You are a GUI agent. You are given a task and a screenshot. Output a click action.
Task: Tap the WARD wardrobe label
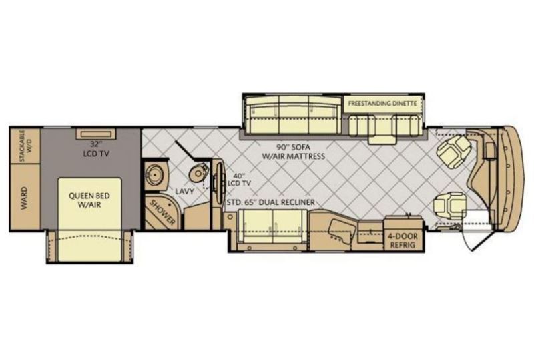(x=25, y=198)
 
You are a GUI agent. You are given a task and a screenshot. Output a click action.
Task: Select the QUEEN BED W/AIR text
(x=89, y=200)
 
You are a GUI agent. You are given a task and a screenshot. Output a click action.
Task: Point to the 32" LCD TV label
(x=96, y=149)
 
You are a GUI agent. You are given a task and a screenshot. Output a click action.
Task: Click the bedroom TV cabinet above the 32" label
(x=96, y=134)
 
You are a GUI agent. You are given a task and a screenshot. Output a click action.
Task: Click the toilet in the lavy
(x=198, y=172)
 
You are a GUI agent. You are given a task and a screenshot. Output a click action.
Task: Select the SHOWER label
(x=163, y=213)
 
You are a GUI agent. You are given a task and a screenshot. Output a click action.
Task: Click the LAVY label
(x=185, y=191)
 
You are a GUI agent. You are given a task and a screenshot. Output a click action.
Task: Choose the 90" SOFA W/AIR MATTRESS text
(x=293, y=152)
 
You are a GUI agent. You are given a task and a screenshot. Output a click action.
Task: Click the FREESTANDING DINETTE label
(x=382, y=103)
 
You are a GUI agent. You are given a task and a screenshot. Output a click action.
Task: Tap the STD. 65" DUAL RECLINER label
(x=271, y=202)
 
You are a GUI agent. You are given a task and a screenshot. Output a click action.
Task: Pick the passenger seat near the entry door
(x=449, y=206)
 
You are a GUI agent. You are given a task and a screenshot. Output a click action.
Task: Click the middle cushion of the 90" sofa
(x=294, y=114)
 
